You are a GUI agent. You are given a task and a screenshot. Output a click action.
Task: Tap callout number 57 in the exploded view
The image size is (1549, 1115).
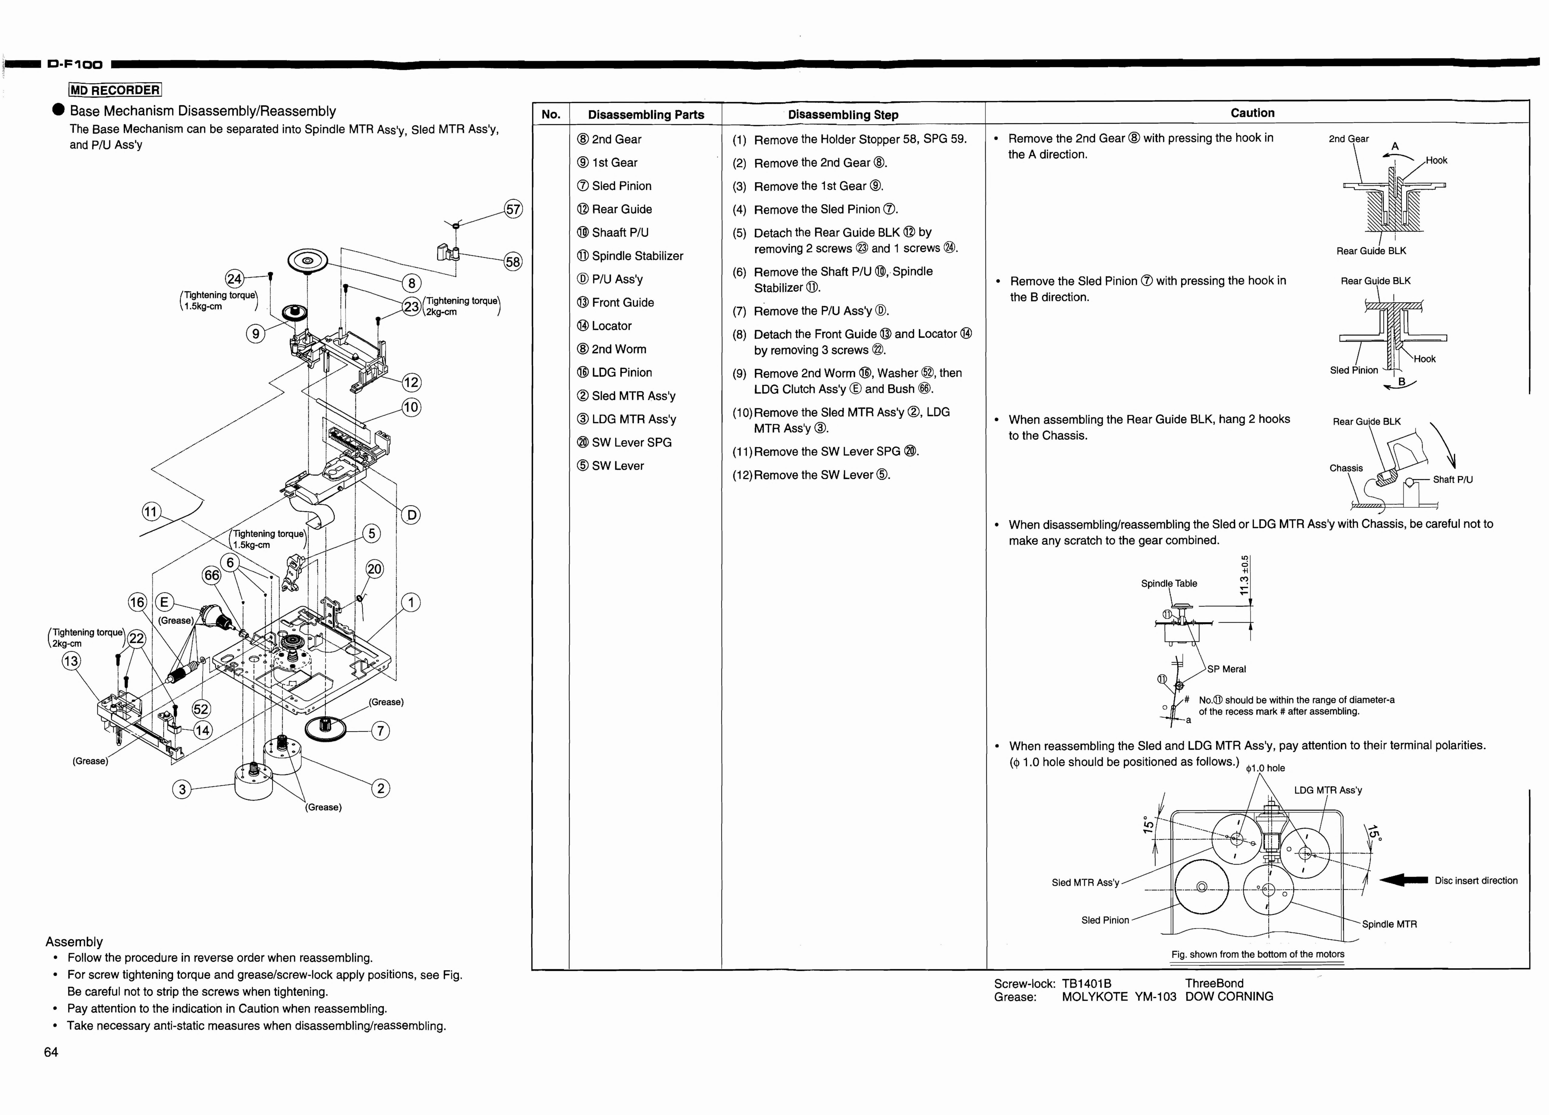513,209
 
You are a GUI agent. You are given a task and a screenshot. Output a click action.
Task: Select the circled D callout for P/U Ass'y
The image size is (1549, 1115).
411,515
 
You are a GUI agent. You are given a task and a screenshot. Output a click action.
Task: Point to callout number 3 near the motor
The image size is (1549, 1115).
182,789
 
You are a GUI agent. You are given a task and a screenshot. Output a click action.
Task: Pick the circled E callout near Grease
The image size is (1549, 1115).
164,602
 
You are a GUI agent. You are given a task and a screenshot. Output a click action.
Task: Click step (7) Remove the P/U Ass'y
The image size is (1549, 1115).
811,311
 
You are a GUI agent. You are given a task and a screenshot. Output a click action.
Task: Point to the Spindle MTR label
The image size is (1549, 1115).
1389,924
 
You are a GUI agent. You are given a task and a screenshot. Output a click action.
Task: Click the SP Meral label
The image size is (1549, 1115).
1227,669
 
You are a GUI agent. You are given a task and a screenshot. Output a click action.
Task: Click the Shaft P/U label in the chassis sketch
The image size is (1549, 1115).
1453,479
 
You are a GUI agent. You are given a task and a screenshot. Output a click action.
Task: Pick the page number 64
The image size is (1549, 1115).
51,1052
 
